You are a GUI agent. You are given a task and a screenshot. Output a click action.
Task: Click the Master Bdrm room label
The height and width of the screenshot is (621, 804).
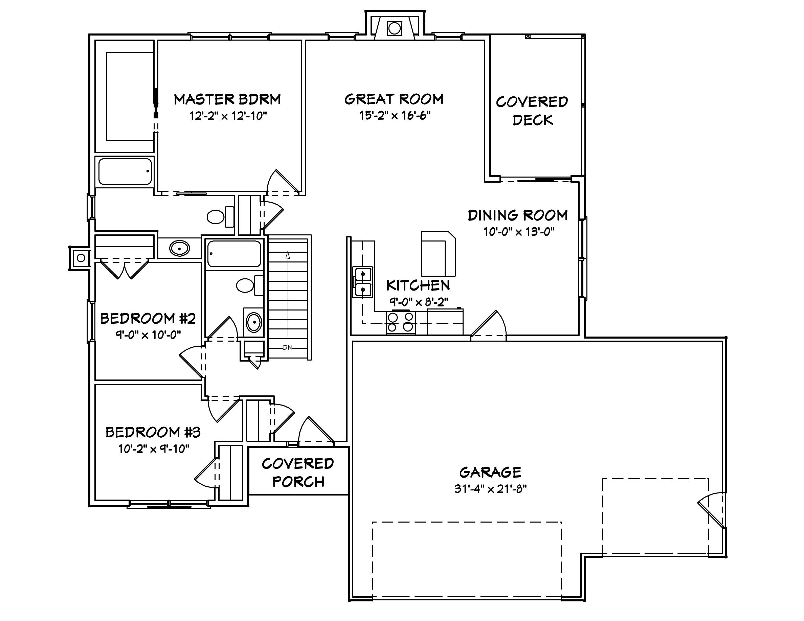click(227, 99)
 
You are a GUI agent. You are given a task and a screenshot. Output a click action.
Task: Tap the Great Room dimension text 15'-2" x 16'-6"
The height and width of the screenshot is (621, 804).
click(395, 116)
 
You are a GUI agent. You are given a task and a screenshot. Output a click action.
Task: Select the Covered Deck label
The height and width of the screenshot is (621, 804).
click(532, 111)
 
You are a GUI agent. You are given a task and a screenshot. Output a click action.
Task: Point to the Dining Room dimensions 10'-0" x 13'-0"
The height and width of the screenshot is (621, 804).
click(519, 232)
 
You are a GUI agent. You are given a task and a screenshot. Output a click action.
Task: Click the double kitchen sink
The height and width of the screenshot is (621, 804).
click(363, 282)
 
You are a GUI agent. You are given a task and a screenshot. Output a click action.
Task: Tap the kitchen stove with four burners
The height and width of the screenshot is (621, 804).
click(401, 322)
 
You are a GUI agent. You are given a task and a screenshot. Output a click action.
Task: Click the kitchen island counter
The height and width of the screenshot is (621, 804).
click(438, 253)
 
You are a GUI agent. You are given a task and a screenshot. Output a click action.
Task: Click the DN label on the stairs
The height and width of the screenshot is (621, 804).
click(288, 347)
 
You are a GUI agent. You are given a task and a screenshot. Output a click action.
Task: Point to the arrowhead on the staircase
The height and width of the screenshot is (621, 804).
click(288, 255)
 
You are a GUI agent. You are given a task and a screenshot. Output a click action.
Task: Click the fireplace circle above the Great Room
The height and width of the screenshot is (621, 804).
click(394, 28)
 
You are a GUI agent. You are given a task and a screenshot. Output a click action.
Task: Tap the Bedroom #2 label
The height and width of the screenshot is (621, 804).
click(148, 318)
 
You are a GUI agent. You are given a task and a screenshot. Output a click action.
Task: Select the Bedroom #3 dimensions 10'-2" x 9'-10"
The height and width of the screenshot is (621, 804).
click(154, 449)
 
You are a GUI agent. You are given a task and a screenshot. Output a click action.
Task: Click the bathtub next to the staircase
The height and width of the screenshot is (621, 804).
click(234, 254)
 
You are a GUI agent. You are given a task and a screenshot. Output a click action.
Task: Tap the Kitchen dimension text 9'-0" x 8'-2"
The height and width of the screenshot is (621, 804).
click(419, 302)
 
